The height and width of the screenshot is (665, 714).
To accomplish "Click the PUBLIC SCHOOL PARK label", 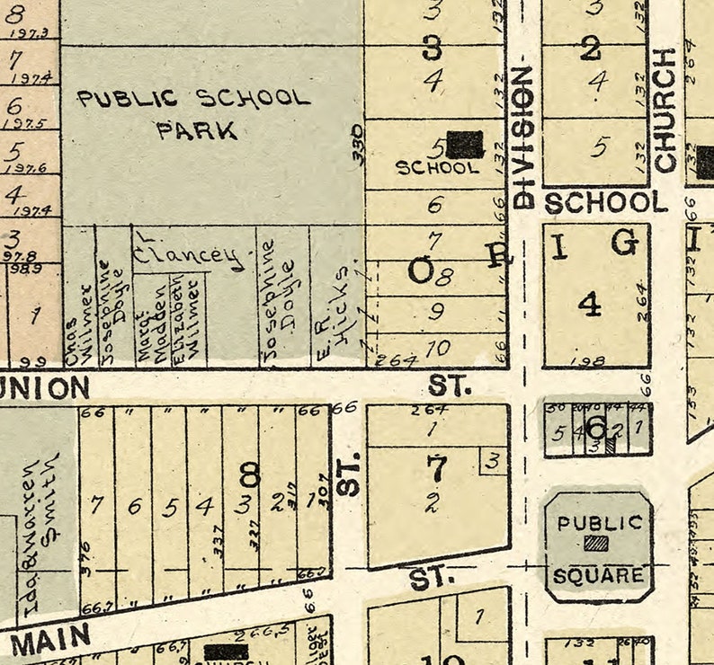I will (193, 113).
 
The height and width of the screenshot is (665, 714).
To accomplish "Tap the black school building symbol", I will (465, 144).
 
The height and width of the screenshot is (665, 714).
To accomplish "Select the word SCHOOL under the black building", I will (438, 167).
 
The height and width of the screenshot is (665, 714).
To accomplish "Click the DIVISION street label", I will (523, 135).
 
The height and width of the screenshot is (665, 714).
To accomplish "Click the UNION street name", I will (45, 388).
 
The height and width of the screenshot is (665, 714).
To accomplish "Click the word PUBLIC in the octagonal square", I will (598, 522).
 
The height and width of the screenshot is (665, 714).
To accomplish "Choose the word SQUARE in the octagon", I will (598, 575).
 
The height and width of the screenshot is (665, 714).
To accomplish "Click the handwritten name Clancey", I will (189, 255).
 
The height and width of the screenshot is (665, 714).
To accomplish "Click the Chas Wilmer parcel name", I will (78, 325).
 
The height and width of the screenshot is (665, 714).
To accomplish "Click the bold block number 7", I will (436, 468).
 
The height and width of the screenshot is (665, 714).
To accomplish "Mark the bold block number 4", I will (589, 305).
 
